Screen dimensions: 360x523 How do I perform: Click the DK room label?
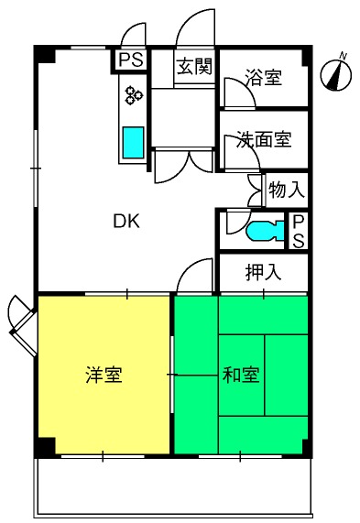(126, 221)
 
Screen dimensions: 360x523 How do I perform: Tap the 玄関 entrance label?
(194, 66)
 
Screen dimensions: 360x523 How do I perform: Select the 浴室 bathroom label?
(263, 77)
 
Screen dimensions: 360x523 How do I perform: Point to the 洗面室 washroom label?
(264, 139)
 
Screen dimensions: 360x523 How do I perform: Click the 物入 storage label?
(287, 191)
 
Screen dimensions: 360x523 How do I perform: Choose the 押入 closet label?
(263, 272)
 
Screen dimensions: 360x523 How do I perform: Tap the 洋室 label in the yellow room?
(104, 375)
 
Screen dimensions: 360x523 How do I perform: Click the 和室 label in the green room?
(241, 375)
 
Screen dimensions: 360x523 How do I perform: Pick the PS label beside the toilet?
(298, 232)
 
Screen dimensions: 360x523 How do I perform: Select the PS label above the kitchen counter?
(131, 60)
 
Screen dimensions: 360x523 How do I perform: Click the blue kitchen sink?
(133, 142)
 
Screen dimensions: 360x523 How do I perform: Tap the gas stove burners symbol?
(134, 94)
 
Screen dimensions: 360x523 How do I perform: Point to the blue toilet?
(265, 231)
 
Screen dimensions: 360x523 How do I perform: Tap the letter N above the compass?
(343, 56)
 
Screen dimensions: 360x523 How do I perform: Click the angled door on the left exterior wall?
(23, 325)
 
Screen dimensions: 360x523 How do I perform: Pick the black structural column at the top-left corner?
(44, 54)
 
